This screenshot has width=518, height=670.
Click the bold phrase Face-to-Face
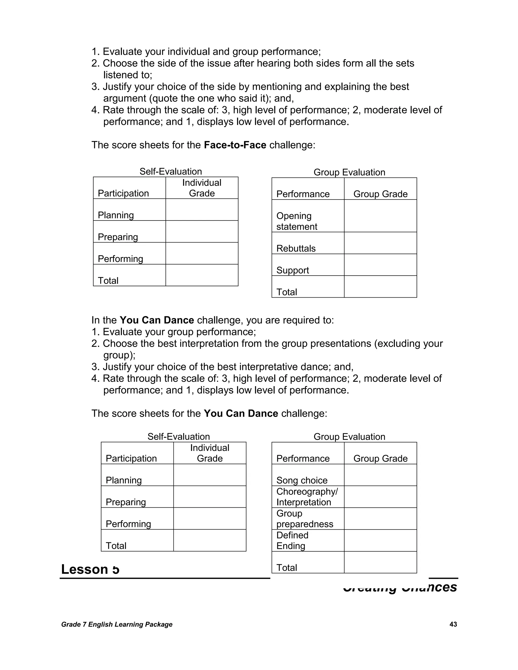[x=235, y=145]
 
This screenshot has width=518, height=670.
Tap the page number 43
[x=453, y=624]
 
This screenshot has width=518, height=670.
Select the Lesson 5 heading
[x=90, y=569]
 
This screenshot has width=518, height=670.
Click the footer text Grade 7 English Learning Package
[x=117, y=624]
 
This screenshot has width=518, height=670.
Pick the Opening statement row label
[x=297, y=221]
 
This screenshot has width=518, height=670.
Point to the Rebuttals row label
[x=296, y=248]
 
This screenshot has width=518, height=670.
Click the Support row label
[x=292, y=270]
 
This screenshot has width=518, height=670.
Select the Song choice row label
[x=302, y=480]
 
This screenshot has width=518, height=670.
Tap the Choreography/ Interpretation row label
[x=307, y=497]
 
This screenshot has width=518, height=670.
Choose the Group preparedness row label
[x=305, y=519]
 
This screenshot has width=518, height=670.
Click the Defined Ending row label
[x=292, y=540]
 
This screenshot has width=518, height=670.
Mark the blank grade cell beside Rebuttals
[x=380, y=243]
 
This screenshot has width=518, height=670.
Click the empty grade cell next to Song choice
[x=380, y=475]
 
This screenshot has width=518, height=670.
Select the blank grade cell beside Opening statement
[x=380, y=216]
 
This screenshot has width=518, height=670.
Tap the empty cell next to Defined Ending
[x=380, y=540]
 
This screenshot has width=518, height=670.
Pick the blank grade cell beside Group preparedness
[x=380, y=519]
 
